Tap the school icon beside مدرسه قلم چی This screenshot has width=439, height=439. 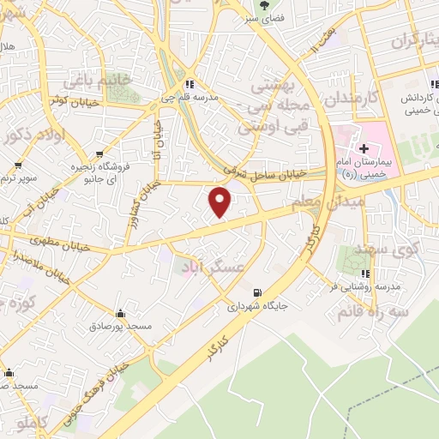tap(189, 84)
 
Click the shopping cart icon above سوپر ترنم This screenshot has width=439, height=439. tap(18, 164)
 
